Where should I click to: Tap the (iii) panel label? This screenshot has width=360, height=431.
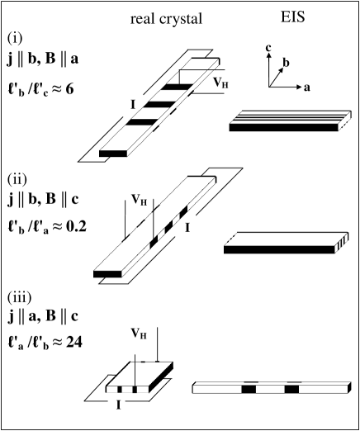[22, 296]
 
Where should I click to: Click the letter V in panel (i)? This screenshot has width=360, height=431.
[216, 83]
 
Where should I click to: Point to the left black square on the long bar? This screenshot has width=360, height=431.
[249, 388]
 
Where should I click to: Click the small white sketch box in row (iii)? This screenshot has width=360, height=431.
[139, 377]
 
